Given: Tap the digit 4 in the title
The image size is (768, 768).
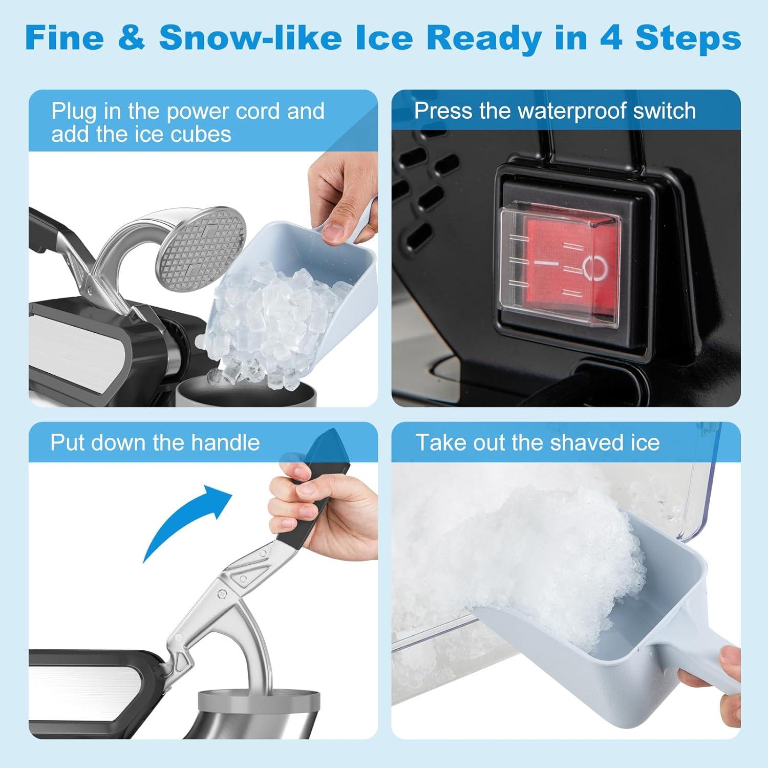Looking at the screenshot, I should pyautogui.click(x=612, y=37).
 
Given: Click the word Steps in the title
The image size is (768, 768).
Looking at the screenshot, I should pyautogui.click(x=688, y=37).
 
